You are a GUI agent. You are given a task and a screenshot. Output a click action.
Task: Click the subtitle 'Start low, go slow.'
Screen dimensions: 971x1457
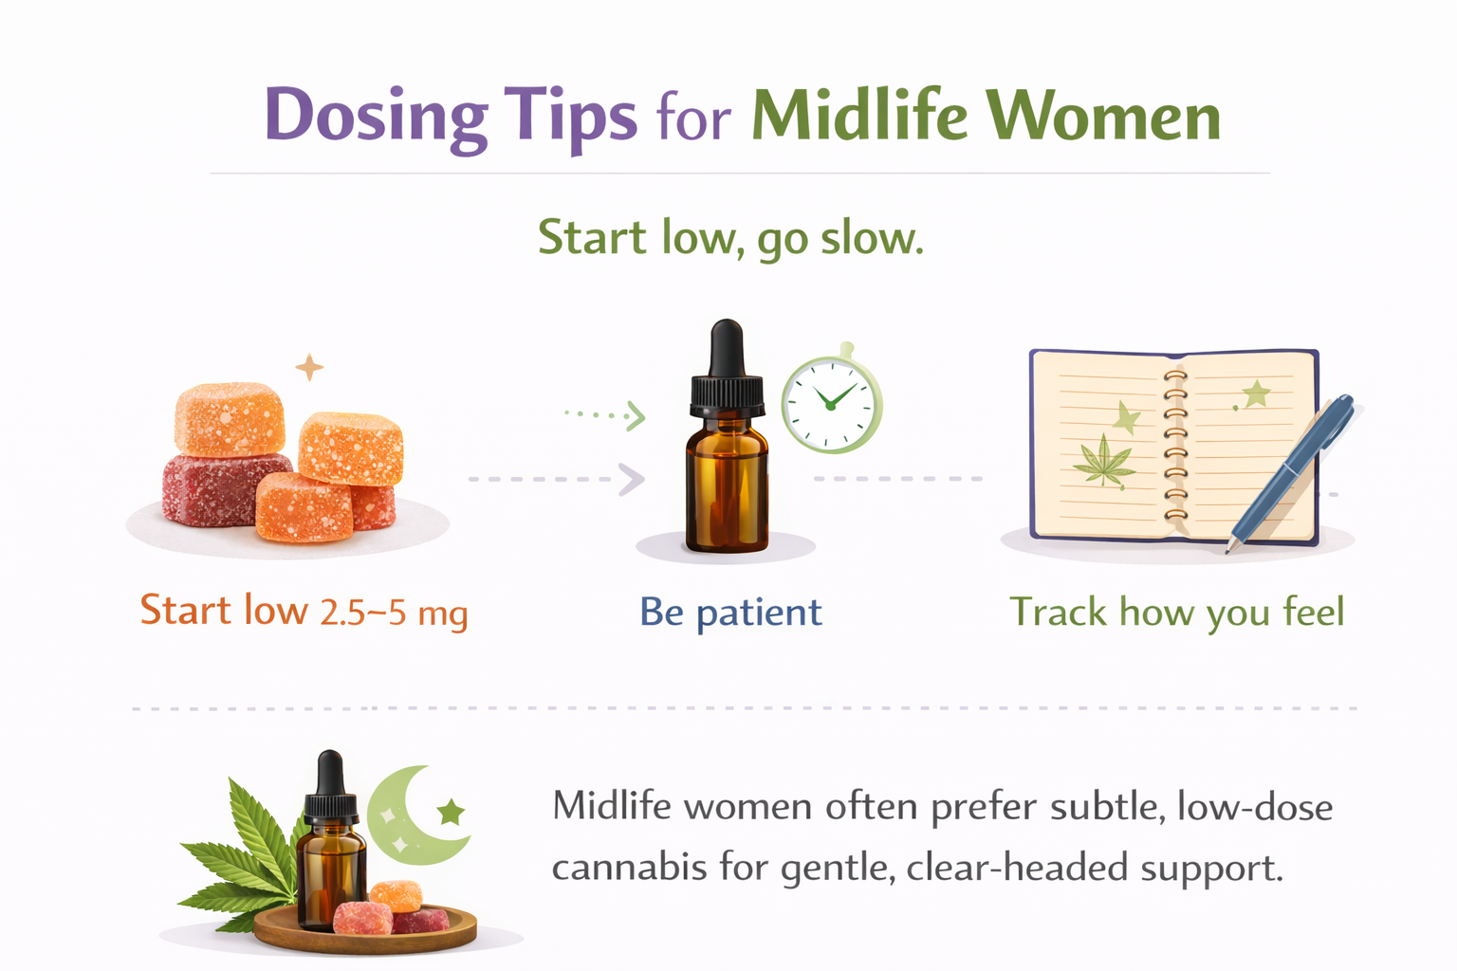(730, 237)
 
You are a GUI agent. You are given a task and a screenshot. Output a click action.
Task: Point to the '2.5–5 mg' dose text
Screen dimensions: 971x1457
(394, 614)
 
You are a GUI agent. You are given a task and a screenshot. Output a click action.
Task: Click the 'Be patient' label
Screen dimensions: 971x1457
(730, 613)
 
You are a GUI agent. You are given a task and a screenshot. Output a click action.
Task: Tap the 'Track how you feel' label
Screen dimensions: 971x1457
(1176, 613)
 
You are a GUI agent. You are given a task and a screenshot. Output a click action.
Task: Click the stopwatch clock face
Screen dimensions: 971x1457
(830, 402)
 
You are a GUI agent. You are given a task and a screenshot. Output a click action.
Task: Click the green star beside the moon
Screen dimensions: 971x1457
(452, 812)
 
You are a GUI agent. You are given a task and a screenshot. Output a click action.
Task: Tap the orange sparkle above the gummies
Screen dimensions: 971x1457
(309, 367)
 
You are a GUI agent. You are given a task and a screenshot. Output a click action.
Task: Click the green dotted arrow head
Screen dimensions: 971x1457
(636, 415)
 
